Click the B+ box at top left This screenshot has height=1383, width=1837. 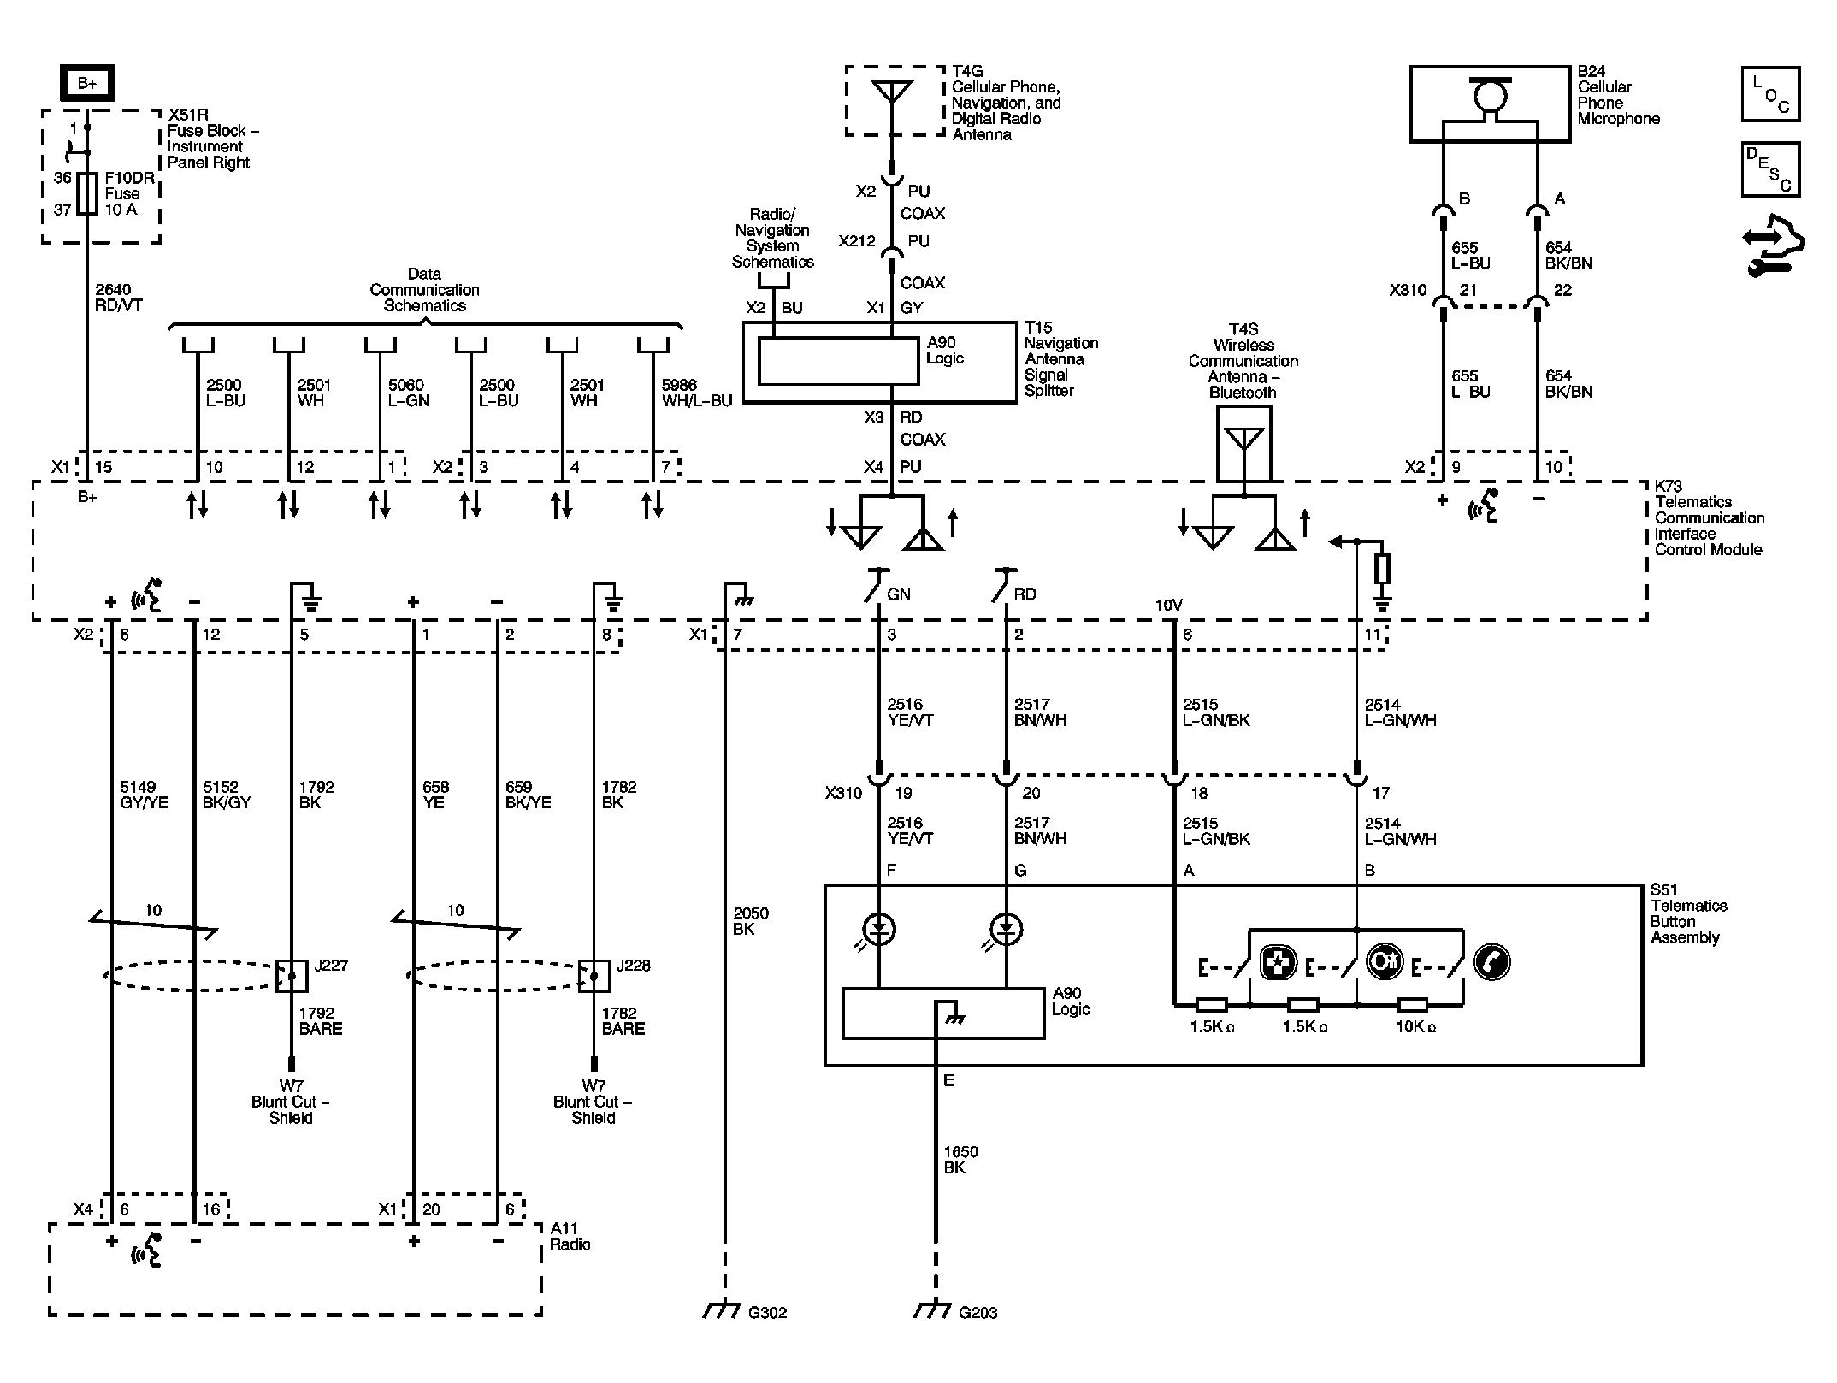86,83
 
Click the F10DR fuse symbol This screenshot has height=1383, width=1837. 86,193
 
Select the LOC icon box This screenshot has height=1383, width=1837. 1769,94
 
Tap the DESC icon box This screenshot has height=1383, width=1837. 1769,169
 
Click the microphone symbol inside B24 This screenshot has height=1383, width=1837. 1491,97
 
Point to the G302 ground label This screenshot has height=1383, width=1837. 766,1312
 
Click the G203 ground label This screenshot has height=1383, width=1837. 978,1312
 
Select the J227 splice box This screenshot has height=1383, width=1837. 291,975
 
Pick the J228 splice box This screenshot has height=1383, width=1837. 594,975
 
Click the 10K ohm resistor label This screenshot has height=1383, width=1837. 1415,1027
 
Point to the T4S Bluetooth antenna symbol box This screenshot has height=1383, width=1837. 1243,443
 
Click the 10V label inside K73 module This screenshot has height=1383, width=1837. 1168,605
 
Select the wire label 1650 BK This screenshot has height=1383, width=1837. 960,1160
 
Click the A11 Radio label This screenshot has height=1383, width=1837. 570,1236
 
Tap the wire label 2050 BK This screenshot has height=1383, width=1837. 750,921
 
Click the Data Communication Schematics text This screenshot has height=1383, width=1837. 424,290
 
